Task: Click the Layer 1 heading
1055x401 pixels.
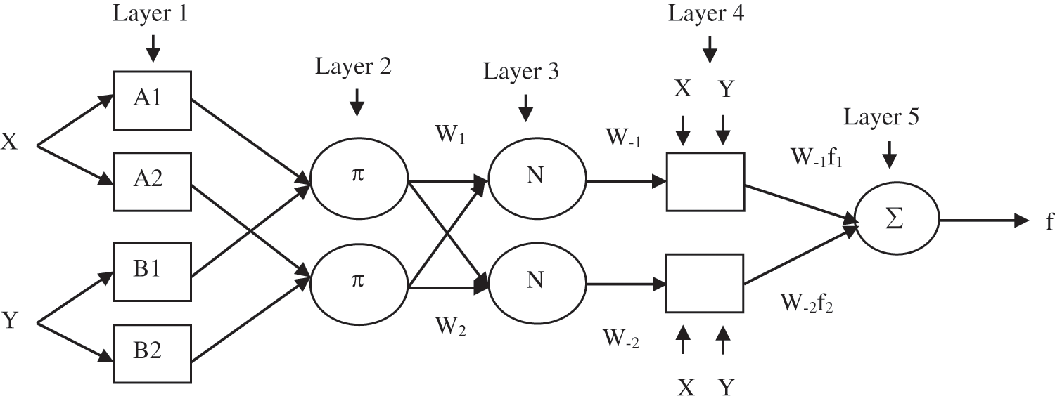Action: [151, 13]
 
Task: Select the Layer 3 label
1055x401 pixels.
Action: [521, 72]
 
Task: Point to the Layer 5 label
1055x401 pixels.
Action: [881, 117]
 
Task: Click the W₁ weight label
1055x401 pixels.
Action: [450, 135]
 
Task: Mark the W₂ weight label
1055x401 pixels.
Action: [451, 326]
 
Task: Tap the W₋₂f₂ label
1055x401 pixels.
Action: [807, 303]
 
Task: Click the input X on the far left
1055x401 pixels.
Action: [9, 141]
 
